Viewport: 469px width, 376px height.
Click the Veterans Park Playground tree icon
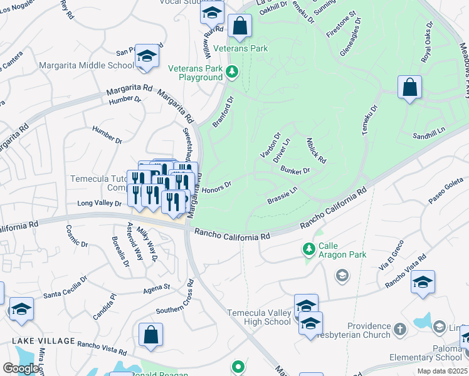pos(233,73)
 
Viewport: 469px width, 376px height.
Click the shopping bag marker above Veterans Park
pos(240,26)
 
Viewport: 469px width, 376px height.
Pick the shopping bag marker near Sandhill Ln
pos(409,88)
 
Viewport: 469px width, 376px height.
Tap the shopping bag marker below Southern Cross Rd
pos(151,335)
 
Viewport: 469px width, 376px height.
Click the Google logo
pos(20,368)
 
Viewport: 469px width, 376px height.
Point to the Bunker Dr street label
pos(296,170)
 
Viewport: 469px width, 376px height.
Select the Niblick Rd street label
pos(317,150)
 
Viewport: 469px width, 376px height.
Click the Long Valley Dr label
pos(99,203)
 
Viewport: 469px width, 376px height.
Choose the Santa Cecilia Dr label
pos(69,293)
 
